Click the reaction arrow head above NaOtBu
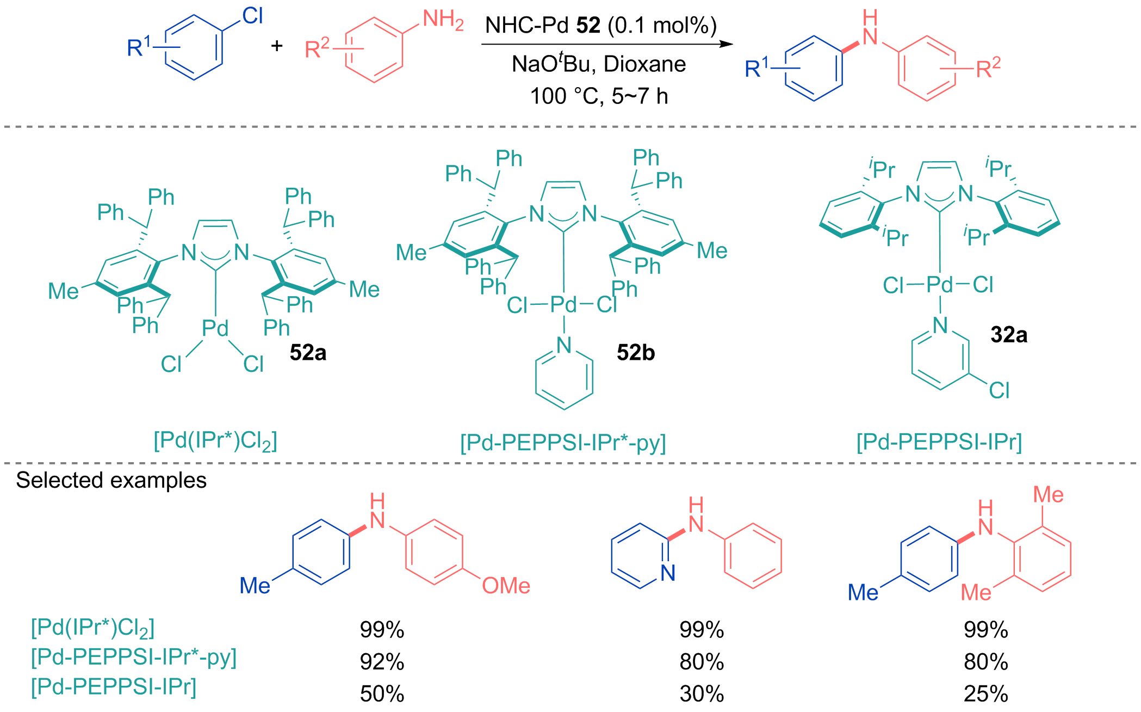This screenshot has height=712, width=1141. [727, 44]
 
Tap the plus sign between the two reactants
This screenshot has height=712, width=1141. [277, 45]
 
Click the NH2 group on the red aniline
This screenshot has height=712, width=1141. [443, 20]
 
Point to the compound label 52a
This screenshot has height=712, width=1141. [308, 353]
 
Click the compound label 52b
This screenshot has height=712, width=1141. [636, 353]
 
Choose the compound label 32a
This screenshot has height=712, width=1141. [1009, 335]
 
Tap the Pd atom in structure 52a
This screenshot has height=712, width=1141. [215, 328]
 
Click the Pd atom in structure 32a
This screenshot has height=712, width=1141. [940, 284]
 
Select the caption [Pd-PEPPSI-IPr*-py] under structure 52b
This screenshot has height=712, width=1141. [563, 443]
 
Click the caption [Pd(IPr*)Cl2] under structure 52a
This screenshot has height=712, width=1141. [215, 441]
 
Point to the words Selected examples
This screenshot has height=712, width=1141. [111, 480]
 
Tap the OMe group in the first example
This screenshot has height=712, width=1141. [506, 586]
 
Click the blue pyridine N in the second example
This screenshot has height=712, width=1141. [668, 573]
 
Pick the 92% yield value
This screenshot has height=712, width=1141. [382, 662]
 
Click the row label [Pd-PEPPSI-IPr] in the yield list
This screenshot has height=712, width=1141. [114, 687]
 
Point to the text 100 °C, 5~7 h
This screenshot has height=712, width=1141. [599, 96]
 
